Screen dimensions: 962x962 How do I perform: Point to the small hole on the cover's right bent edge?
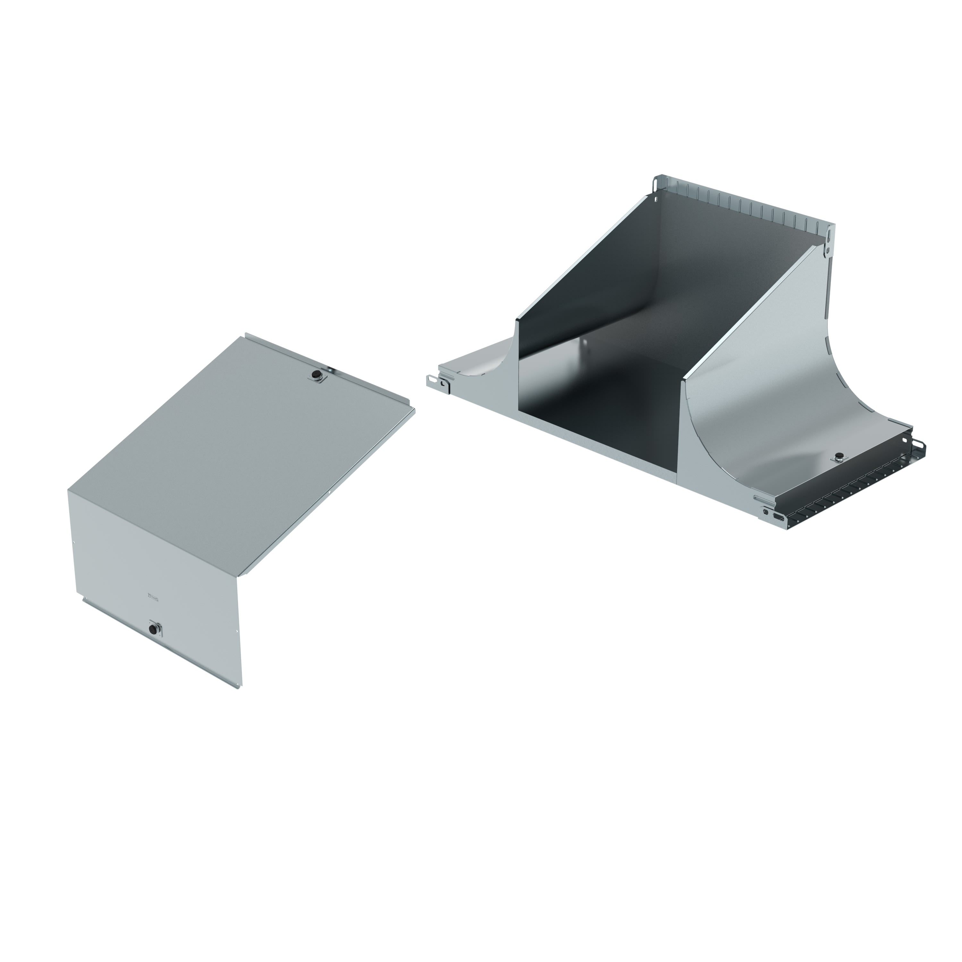tap(330, 494)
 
